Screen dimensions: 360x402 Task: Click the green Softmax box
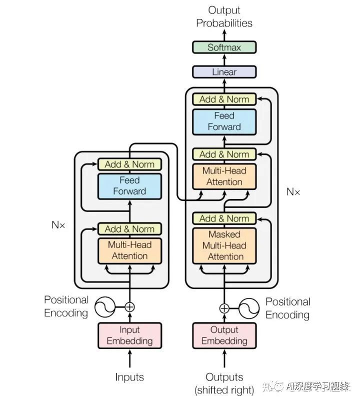coord(224,47)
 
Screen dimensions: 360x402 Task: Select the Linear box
coord(224,72)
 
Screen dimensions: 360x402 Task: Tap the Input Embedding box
coord(129,335)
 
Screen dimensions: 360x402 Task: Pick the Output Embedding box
coord(224,335)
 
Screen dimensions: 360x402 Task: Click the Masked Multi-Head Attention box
coord(224,245)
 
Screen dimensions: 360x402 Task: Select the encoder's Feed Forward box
coord(129,186)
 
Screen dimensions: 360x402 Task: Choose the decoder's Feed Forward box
coord(224,122)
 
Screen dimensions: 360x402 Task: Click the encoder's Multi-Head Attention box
coord(129,250)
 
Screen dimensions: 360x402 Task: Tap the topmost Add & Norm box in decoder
coord(224,99)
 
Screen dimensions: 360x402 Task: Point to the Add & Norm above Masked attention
coord(224,218)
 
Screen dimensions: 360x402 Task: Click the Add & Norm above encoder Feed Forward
coord(129,164)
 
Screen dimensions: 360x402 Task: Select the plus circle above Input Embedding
coord(129,307)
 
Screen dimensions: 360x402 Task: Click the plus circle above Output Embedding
coord(224,308)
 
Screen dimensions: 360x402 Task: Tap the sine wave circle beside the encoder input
coord(104,307)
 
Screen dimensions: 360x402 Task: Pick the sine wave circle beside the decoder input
coord(249,308)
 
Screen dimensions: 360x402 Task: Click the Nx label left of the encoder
coord(58,225)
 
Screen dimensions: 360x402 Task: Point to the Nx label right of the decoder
coord(293,191)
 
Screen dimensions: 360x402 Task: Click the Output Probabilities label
coord(224,16)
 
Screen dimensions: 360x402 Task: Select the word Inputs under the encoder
coord(129,377)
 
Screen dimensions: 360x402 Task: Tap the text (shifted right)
coord(224,390)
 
